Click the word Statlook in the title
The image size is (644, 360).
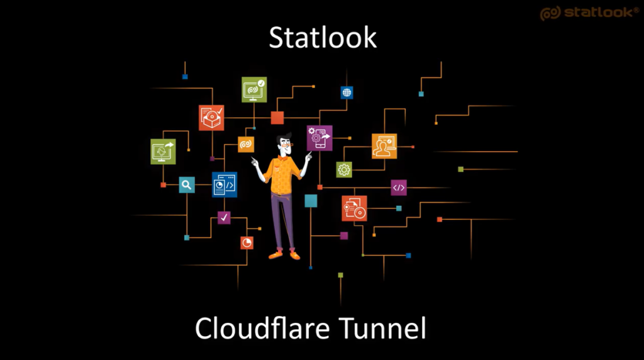(x=323, y=37)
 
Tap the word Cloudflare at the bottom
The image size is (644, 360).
(x=262, y=328)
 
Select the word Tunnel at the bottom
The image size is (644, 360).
(x=383, y=328)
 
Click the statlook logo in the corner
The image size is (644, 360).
(x=589, y=13)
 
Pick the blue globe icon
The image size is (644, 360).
(x=347, y=93)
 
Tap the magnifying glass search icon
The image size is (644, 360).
(x=187, y=185)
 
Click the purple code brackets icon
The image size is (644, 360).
(x=398, y=188)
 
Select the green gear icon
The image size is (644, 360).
(x=344, y=170)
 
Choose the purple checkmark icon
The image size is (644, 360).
(x=224, y=218)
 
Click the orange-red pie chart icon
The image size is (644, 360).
(x=247, y=243)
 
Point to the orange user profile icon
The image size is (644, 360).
(x=384, y=146)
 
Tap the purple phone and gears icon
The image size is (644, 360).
(x=319, y=138)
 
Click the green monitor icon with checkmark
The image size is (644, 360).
(x=254, y=89)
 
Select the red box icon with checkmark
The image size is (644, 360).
(x=211, y=118)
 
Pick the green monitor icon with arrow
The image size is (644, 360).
(x=163, y=151)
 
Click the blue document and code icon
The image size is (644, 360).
(x=225, y=184)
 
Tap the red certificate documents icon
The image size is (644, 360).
(x=355, y=208)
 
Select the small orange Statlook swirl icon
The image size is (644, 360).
(x=246, y=144)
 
